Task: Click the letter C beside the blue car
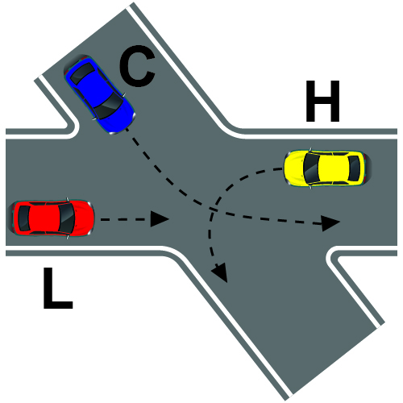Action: (137, 66)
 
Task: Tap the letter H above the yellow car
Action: (322, 101)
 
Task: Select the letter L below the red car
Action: (57, 288)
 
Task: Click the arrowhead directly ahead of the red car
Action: (160, 219)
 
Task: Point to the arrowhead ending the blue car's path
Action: (330, 222)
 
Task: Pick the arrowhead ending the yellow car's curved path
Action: (220, 272)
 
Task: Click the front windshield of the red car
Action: (66, 218)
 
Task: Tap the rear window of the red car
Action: (24, 218)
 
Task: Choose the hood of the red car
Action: (82, 218)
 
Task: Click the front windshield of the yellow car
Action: (311, 168)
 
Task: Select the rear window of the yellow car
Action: (354, 168)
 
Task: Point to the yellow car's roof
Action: (333, 168)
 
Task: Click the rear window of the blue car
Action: (82, 73)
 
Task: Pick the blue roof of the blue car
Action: (94, 89)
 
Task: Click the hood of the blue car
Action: (122, 118)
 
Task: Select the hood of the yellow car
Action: (294, 168)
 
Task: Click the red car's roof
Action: (44, 218)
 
